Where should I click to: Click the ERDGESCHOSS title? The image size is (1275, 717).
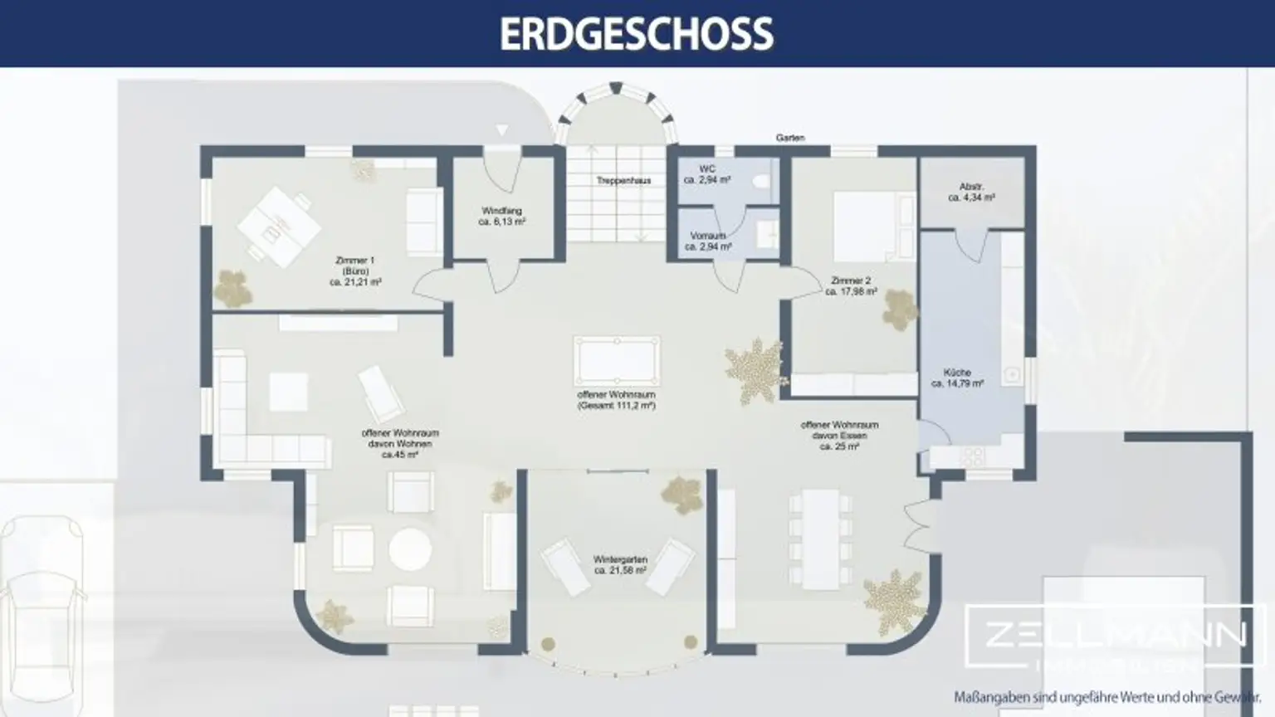click(x=637, y=33)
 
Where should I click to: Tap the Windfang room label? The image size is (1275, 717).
click(x=501, y=217)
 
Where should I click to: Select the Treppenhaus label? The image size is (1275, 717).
click(x=623, y=180)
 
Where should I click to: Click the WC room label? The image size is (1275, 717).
click(x=707, y=174)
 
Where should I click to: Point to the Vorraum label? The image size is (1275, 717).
click(x=708, y=241)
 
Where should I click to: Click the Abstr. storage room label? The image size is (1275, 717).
click(x=971, y=193)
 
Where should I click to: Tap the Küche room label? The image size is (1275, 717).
click(x=957, y=378)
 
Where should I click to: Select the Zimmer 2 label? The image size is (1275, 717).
click(x=851, y=286)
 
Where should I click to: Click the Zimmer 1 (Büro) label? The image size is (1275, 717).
click(x=355, y=271)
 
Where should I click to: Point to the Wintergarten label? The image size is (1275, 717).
click(x=620, y=565)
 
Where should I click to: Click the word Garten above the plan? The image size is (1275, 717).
click(x=789, y=138)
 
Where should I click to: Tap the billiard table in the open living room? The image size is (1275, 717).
click(x=616, y=361)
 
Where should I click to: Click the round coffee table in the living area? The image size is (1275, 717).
click(x=410, y=549)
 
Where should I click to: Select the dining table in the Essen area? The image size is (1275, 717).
click(x=819, y=538)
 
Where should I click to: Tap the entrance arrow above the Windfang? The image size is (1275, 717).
click(x=501, y=131)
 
